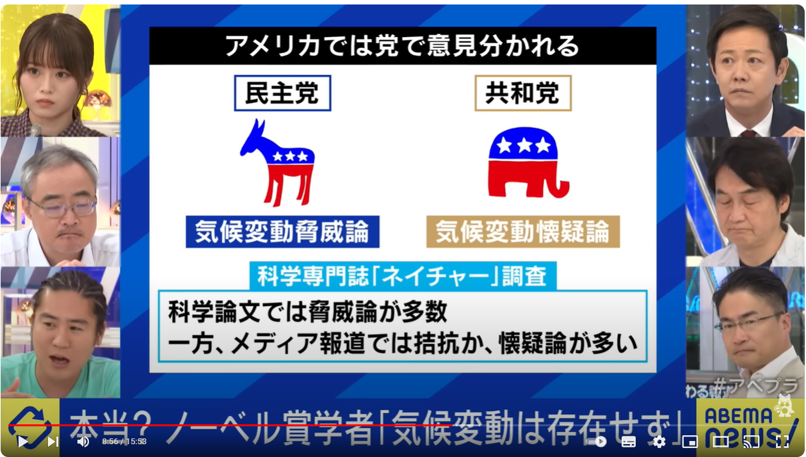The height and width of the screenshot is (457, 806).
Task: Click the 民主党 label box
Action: [x=282, y=93]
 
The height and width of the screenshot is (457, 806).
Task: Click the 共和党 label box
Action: [x=523, y=93]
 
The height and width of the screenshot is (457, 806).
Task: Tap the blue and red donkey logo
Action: [x=278, y=163]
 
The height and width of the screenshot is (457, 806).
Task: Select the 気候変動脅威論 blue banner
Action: [x=282, y=232]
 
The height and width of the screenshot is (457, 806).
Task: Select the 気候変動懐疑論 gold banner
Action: [x=523, y=232]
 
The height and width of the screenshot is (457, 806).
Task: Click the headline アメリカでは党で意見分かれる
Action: [x=402, y=46]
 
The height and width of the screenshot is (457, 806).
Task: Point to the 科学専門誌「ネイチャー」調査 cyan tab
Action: [x=403, y=276]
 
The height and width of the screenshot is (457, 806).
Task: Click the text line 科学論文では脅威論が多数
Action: [x=308, y=312]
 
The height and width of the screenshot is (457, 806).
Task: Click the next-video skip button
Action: [x=53, y=442]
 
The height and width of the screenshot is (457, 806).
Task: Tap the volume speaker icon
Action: [x=83, y=442]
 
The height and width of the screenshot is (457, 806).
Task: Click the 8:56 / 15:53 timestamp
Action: [x=124, y=442]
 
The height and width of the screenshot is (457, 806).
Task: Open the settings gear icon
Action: [x=659, y=442]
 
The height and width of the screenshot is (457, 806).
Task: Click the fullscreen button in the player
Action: [x=782, y=442]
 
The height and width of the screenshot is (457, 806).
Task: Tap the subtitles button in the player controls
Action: [x=628, y=442]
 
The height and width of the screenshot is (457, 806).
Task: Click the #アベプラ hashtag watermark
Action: [x=755, y=385]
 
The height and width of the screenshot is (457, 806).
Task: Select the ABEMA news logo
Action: [x=750, y=427]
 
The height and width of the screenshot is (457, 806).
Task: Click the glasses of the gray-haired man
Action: [x=62, y=207]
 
